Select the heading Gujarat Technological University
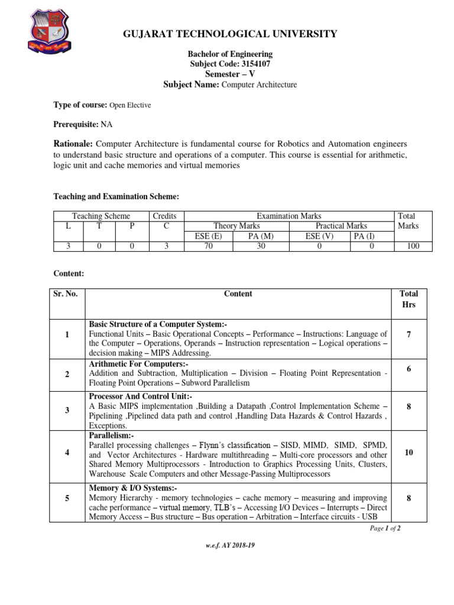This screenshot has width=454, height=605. click(x=229, y=34)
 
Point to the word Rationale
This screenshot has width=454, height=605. click(x=73, y=144)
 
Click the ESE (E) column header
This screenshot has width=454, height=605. click(x=209, y=236)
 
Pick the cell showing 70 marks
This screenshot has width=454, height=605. click(x=209, y=246)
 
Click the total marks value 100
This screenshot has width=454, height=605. click(x=412, y=246)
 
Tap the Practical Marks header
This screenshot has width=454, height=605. click(x=340, y=226)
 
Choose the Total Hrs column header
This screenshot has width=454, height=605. click(x=408, y=299)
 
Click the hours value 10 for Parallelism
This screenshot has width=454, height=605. click(x=408, y=453)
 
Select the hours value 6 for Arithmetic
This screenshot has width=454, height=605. click(x=408, y=368)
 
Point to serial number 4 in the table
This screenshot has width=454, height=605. click(x=67, y=453)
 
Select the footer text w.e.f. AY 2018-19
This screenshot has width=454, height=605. click(x=230, y=545)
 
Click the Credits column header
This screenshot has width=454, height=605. click(x=164, y=216)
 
